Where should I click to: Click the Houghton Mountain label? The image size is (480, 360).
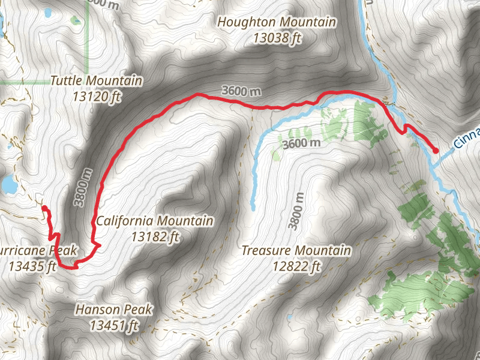click(277, 22)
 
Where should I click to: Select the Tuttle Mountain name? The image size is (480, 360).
click(96, 80)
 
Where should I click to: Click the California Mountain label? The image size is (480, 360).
click(155, 221)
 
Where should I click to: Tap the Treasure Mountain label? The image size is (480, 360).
click(296, 250)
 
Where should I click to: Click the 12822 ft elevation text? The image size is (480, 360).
click(296, 265)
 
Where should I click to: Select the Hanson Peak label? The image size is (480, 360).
click(113, 310)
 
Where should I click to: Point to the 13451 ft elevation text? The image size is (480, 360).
click(114, 325)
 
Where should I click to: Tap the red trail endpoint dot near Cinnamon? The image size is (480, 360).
click(436, 151)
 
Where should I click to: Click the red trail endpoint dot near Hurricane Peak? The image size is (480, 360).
click(44, 208)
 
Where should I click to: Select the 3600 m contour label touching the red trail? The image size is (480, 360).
click(241, 92)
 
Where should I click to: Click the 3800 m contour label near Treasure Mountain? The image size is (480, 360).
click(293, 211)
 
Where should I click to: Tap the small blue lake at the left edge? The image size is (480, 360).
click(7, 184)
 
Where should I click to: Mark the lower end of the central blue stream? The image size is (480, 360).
click(253, 208)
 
